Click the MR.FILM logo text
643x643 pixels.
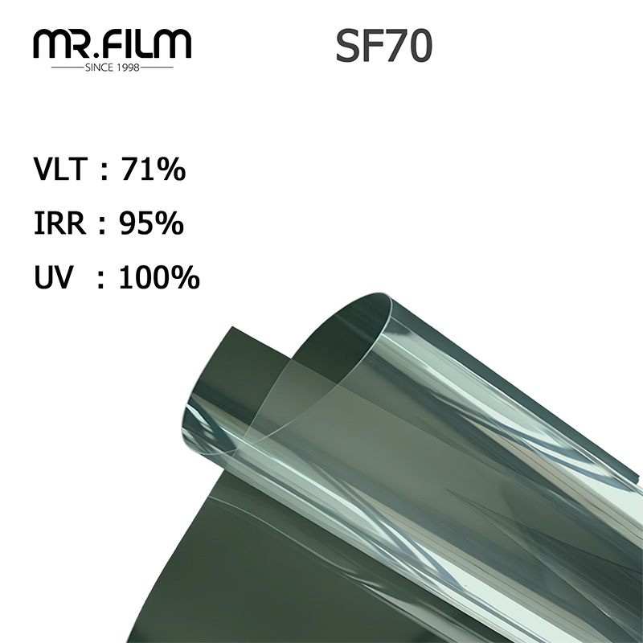point(113,43)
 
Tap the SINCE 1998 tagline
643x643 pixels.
point(113,68)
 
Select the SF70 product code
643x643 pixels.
point(383,47)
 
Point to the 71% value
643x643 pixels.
point(153,170)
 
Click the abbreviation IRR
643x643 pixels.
point(59,223)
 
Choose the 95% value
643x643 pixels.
point(151,223)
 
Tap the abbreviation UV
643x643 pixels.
point(53,277)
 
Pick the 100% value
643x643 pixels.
point(159,277)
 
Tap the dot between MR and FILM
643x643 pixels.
point(97,55)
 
